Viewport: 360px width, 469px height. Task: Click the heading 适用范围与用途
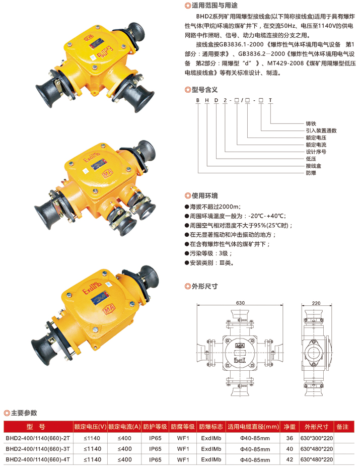point(214,6)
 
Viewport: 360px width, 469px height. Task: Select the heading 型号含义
point(204,90)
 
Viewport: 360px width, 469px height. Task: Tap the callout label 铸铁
point(311,123)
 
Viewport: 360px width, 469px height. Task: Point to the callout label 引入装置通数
point(321,130)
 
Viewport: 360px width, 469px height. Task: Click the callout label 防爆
point(311,173)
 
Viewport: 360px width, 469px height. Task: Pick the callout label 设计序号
point(316,152)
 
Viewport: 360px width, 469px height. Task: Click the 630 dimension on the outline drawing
point(240,303)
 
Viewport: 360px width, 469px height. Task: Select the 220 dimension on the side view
point(316,303)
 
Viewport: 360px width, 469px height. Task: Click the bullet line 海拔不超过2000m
point(212,207)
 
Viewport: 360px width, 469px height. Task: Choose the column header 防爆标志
point(211,427)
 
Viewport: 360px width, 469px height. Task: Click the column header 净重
point(290,427)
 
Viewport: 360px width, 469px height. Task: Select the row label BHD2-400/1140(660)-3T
point(38,449)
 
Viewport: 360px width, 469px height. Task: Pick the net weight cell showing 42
point(290,460)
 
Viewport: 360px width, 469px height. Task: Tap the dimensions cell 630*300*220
point(317,438)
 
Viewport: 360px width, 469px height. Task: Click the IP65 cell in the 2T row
point(155,438)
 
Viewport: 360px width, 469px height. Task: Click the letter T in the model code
point(270,100)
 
